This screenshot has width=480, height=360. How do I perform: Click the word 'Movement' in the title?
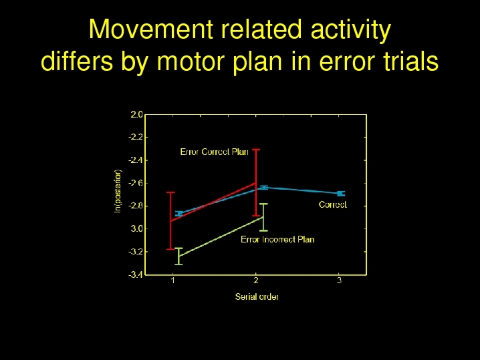click(151, 29)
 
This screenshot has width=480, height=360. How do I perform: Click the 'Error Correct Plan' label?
click(215, 152)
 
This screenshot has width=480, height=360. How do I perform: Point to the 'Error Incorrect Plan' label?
click(277, 239)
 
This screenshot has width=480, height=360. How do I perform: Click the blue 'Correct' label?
click(333, 204)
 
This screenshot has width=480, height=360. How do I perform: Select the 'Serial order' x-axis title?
click(257, 297)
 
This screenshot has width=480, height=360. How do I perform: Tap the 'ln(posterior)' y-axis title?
click(118, 191)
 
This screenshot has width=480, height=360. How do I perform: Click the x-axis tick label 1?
click(173, 280)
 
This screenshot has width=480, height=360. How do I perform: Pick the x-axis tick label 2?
click(255, 280)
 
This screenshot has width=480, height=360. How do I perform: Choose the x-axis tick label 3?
click(339, 280)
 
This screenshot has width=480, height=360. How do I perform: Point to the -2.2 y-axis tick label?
click(136, 137)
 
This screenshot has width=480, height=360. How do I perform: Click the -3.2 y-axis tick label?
click(136, 251)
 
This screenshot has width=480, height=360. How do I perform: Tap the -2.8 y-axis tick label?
click(136, 206)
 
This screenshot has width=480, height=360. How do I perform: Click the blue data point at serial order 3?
click(341, 193)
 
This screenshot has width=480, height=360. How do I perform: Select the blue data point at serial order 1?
click(179, 214)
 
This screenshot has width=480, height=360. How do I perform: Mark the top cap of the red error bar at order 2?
click(256, 150)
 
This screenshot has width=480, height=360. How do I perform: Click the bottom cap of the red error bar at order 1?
click(170, 249)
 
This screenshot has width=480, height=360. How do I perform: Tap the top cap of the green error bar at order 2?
click(263, 204)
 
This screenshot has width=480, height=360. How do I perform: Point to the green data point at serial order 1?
click(178, 256)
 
